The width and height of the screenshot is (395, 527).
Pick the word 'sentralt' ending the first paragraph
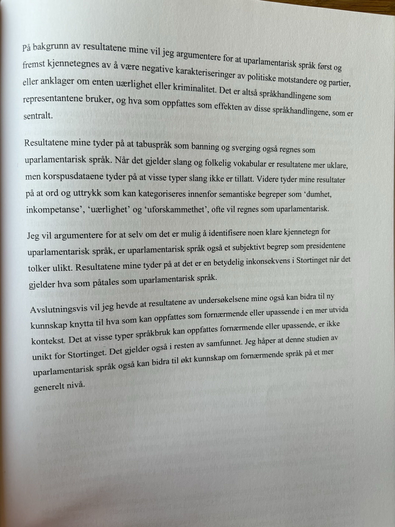point(38,116)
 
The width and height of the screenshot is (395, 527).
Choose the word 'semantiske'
point(238,195)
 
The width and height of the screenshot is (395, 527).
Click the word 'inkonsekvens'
point(266,262)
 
